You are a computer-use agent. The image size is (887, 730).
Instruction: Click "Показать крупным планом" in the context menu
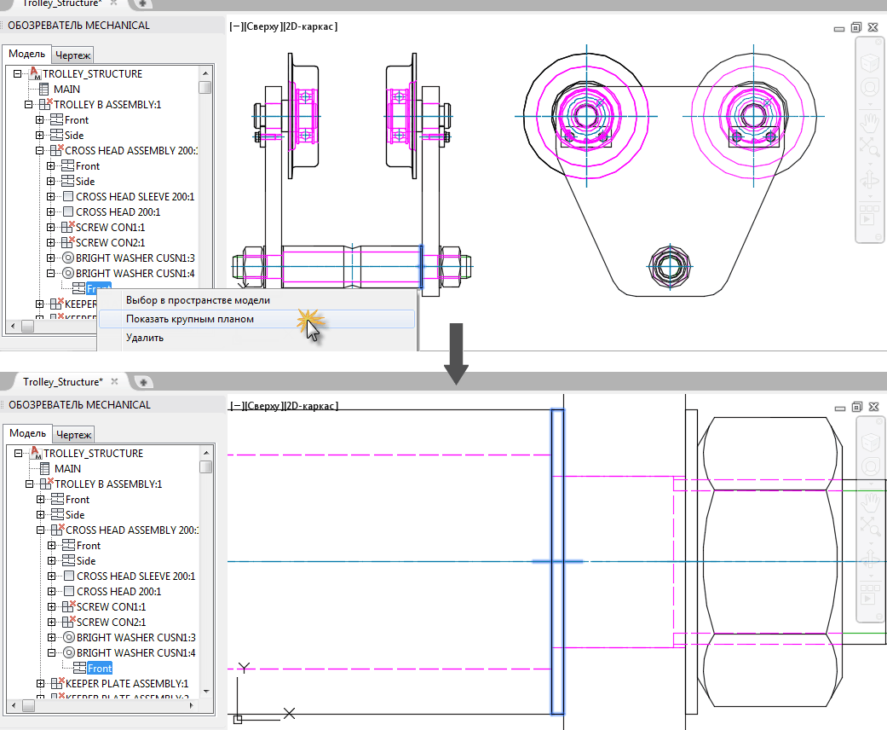190,319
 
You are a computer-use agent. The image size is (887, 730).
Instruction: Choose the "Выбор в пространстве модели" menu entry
198,300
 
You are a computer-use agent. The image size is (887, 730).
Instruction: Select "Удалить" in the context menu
145,338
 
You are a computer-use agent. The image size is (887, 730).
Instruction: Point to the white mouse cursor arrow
314,331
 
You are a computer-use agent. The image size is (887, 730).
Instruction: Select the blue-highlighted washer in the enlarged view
557,561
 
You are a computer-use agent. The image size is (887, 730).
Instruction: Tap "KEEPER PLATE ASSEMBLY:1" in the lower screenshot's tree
126,684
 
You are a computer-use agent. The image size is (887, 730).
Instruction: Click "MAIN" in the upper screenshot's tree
67,89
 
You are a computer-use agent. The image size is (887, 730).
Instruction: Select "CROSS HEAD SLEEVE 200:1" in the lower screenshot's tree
135,576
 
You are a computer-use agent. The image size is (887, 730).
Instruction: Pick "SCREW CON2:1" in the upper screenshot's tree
111,243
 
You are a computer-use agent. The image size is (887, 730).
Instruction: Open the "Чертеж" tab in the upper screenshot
73,55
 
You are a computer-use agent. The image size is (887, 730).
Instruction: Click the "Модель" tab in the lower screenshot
27,433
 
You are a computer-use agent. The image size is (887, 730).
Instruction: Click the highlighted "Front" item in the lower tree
100,669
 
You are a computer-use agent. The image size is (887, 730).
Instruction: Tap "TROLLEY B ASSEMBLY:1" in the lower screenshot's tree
107,484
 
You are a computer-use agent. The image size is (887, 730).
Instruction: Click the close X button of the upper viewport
873,27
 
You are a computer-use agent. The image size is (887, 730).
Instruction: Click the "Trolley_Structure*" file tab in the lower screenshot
63,381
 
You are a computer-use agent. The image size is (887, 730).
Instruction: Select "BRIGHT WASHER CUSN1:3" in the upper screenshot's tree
135,258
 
